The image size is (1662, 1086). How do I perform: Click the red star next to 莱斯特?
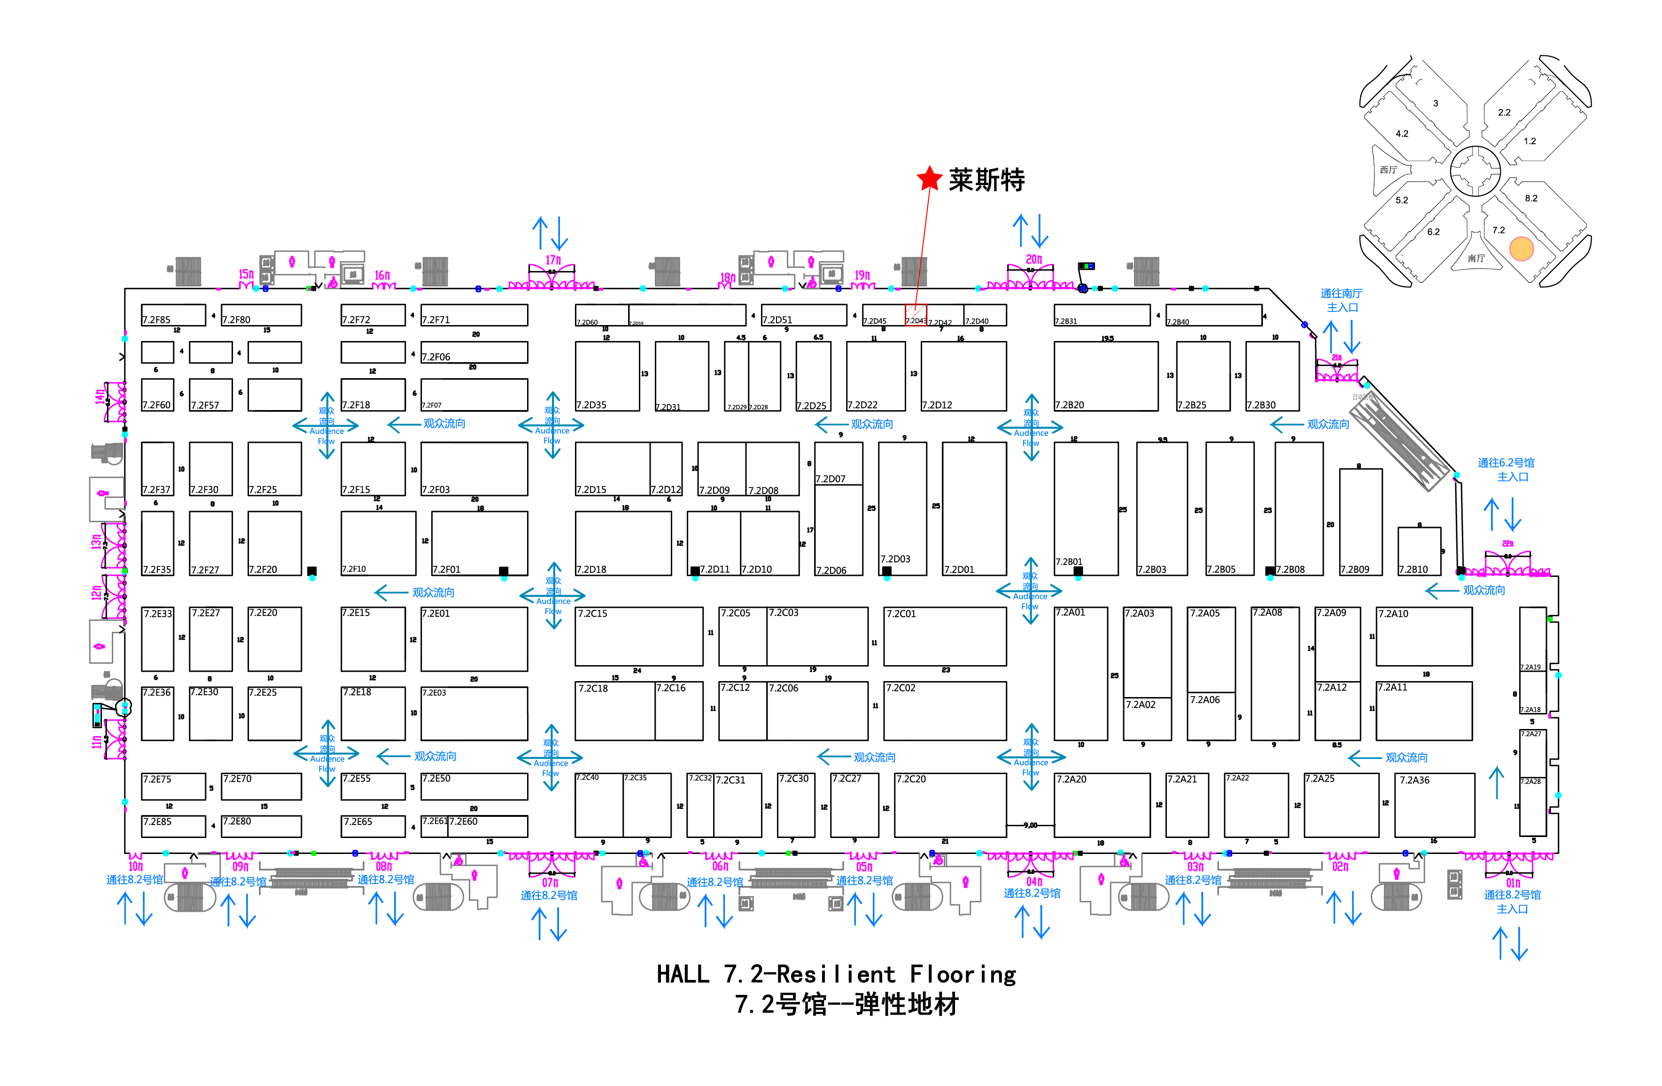point(930,179)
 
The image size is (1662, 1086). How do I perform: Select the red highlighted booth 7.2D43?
point(916,315)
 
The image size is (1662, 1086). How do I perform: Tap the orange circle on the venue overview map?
point(1521,248)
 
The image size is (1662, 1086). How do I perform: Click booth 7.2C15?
point(638,636)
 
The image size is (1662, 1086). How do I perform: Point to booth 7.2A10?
point(1423,636)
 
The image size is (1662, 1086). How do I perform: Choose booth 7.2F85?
point(173,315)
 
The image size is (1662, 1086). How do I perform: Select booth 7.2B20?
point(1105,376)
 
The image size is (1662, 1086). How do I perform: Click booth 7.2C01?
point(944,636)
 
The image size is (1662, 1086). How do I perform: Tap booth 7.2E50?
point(474,786)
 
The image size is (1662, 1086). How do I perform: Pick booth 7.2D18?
point(623,543)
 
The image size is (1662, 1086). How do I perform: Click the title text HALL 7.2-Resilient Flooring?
point(836,974)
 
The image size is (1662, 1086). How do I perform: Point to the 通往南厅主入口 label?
point(1341,300)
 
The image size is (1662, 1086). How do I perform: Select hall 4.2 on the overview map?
point(1402,133)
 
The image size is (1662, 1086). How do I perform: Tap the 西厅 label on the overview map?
point(1388,170)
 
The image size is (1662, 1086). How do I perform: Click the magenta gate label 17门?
point(553,260)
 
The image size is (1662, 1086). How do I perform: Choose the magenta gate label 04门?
point(1033,881)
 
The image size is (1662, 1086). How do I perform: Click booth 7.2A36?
point(1434,805)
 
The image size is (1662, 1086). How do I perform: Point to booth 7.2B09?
point(1360,522)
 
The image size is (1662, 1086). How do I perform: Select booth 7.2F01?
point(479,543)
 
